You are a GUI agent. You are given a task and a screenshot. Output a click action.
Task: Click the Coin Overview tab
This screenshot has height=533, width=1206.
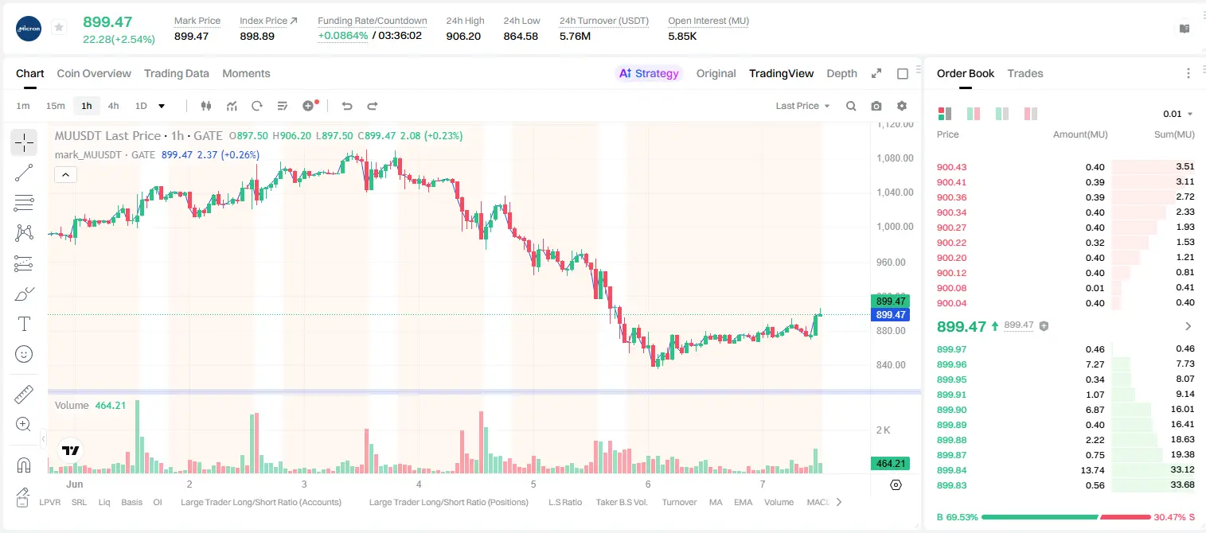click(x=94, y=73)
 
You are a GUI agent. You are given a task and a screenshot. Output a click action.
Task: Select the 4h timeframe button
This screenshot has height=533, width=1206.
click(x=113, y=106)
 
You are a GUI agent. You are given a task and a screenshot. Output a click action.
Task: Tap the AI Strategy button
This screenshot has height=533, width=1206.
click(x=649, y=73)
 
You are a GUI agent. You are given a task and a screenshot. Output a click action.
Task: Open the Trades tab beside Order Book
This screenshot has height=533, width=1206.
click(x=1025, y=73)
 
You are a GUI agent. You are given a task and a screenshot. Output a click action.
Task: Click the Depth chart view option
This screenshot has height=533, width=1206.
click(x=841, y=73)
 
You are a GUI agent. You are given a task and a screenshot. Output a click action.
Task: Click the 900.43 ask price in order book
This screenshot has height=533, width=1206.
click(x=951, y=167)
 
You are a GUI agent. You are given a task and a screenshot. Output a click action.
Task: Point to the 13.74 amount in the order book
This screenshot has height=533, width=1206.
click(x=1092, y=470)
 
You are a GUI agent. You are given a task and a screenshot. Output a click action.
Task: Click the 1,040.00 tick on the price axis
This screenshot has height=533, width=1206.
click(x=895, y=192)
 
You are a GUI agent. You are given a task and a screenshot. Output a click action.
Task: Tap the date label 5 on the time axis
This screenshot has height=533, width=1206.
click(x=533, y=484)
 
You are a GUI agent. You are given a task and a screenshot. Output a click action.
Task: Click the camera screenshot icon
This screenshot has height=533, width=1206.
click(x=876, y=106)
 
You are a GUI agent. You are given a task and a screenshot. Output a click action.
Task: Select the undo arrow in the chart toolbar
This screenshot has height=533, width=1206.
click(x=347, y=106)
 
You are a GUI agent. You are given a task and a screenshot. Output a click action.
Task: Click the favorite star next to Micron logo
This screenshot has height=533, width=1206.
click(x=59, y=27)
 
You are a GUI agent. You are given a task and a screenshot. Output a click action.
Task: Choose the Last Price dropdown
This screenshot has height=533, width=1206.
click(x=802, y=106)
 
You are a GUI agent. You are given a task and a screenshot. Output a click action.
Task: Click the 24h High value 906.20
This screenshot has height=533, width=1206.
click(x=463, y=36)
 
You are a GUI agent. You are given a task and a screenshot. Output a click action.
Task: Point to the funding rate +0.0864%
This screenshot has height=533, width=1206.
click(x=343, y=36)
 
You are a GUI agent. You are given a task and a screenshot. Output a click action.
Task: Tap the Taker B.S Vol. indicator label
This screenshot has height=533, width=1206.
click(x=621, y=502)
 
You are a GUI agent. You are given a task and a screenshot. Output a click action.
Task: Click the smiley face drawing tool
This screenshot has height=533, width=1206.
click(x=24, y=354)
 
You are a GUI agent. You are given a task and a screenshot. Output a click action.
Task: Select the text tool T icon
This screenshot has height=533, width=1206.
click(x=24, y=324)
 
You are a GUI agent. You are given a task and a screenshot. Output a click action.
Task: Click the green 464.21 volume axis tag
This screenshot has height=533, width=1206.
click(x=891, y=463)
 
